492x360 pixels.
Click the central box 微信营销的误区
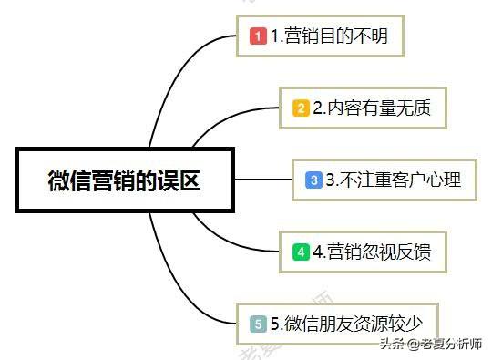click(x=124, y=180)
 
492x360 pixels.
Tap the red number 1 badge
click(x=258, y=37)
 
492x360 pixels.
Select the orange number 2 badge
click(x=301, y=108)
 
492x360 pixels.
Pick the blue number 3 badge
click(x=313, y=180)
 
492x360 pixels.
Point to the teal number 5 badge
click(x=258, y=323)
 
